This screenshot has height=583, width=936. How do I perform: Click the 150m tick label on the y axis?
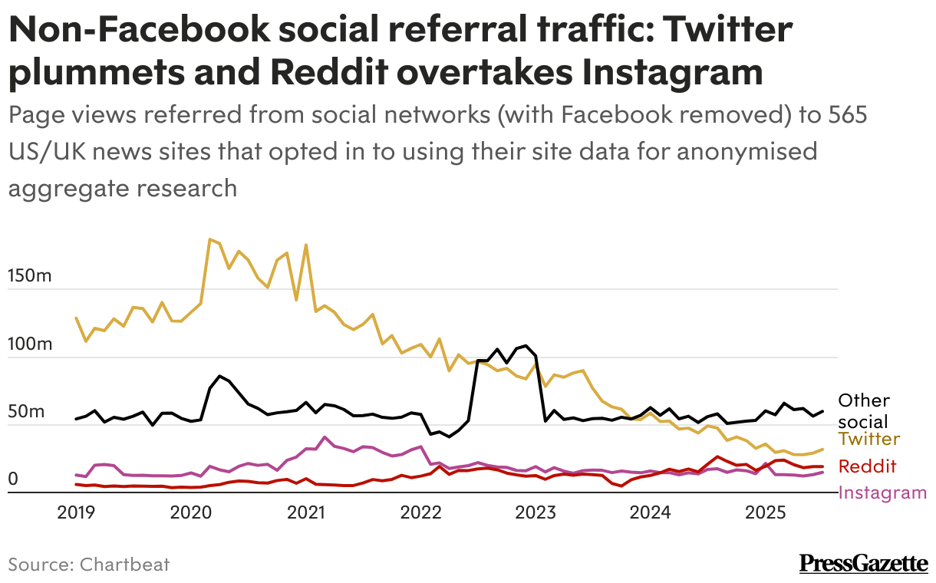tap(30, 275)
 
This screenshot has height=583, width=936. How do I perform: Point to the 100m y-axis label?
tap(30, 344)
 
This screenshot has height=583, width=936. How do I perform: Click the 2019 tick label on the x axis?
tap(75, 512)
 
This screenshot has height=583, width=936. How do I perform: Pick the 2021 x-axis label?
tap(306, 512)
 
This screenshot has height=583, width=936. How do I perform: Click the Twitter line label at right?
tap(868, 439)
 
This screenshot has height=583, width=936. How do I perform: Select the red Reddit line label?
tap(867, 466)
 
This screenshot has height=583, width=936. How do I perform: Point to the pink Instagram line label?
tap(882, 492)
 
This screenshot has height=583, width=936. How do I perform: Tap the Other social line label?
tap(864, 410)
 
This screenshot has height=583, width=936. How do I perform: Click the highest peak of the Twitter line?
tap(209, 239)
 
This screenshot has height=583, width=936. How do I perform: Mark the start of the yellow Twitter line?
tap(76, 318)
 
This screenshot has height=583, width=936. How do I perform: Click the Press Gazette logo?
tap(863, 564)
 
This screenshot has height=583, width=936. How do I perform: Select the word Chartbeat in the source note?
tap(123, 565)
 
